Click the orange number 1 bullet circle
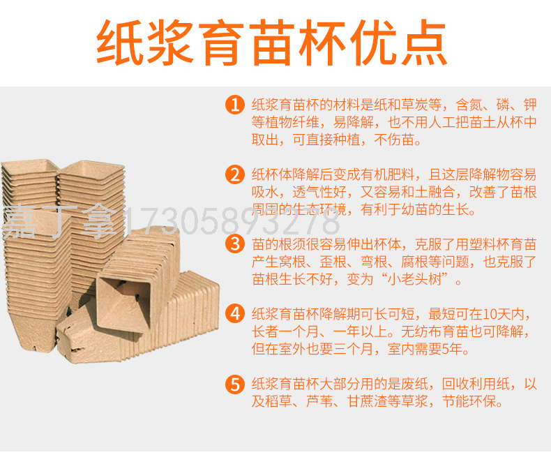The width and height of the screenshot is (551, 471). pos(235,105)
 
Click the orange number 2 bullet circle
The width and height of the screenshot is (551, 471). pos(235,174)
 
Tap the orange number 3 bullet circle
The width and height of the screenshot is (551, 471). pos(235,244)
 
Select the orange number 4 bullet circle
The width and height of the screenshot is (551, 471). pos(235,313)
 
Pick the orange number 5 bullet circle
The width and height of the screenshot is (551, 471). pos(235,384)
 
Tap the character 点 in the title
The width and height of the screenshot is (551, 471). pos(423,43)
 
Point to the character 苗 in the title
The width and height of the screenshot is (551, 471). pos(273,43)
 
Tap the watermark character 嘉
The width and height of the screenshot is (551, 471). pos(20,221)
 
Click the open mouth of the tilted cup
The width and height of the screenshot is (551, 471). pos(123,303)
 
